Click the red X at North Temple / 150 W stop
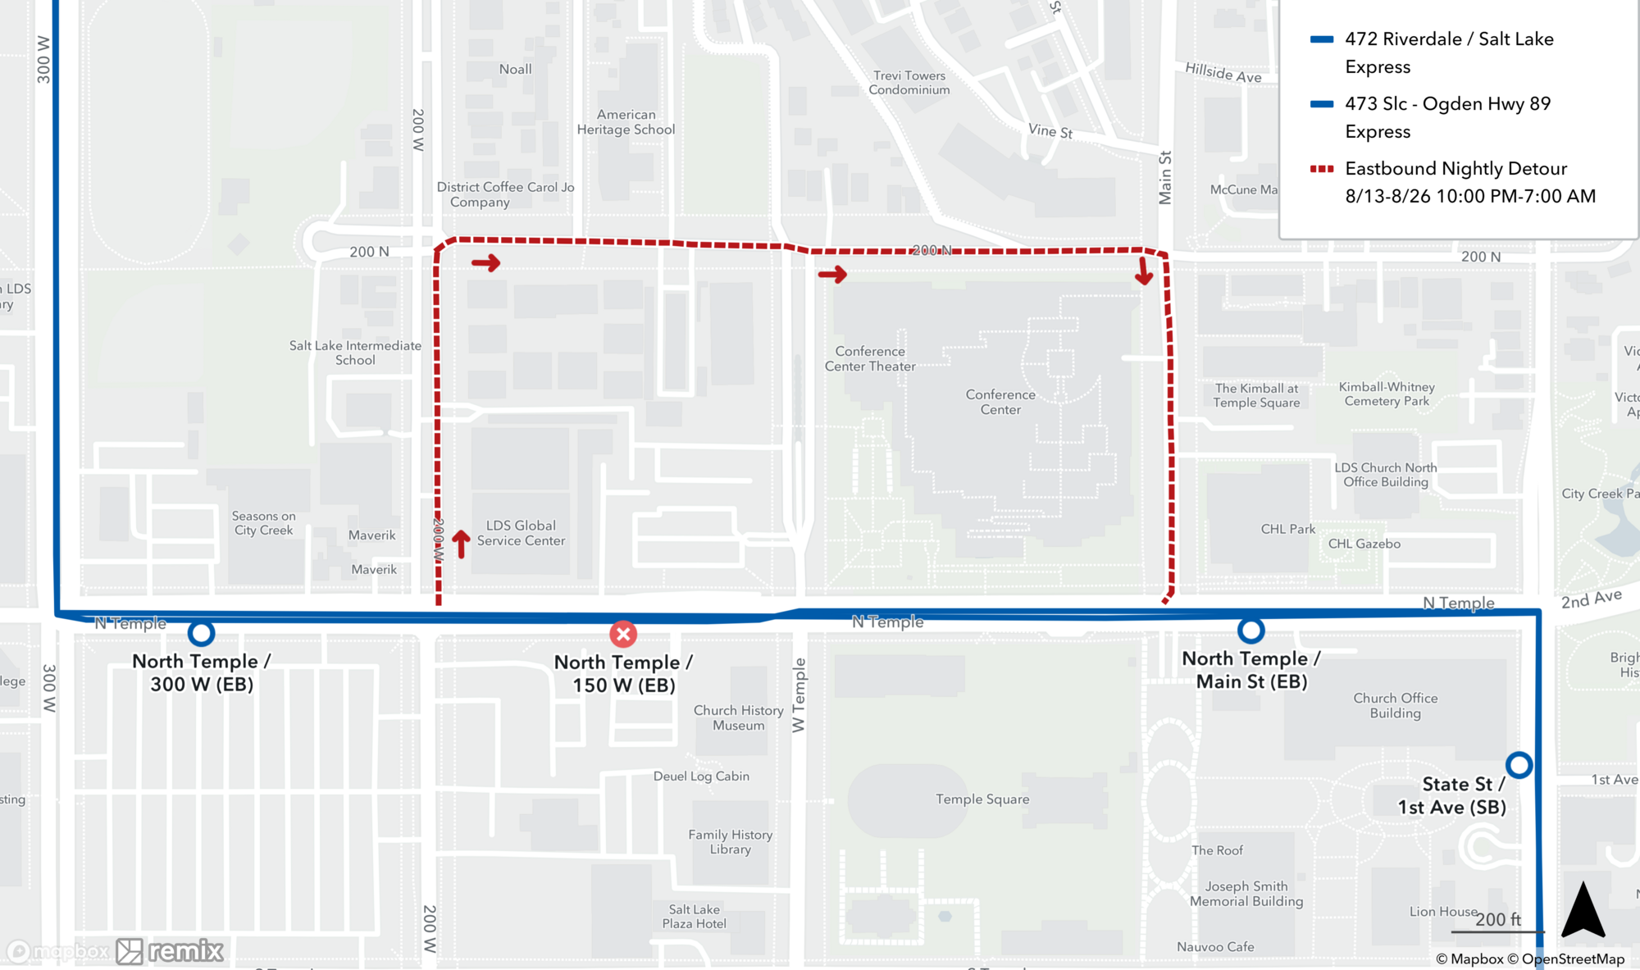click(x=623, y=634)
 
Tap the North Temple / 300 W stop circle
click(x=201, y=633)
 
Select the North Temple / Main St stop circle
click(x=1250, y=631)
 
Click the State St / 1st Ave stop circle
click(x=1519, y=765)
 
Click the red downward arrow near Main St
click(x=1144, y=271)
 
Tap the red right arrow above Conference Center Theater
click(x=832, y=274)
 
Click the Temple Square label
click(x=982, y=799)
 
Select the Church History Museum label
click(x=738, y=717)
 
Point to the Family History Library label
click(x=730, y=842)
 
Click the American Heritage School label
click(x=626, y=122)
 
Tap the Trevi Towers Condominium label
click(x=909, y=83)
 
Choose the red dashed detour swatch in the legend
click(x=1322, y=169)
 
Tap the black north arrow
click(x=1583, y=910)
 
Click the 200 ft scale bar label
click(x=1497, y=920)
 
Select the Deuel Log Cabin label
click(x=701, y=776)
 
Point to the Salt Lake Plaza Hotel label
click(x=695, y=917)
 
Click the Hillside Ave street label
click(x=1223, y=74)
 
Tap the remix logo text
click(x=185, y=951)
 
